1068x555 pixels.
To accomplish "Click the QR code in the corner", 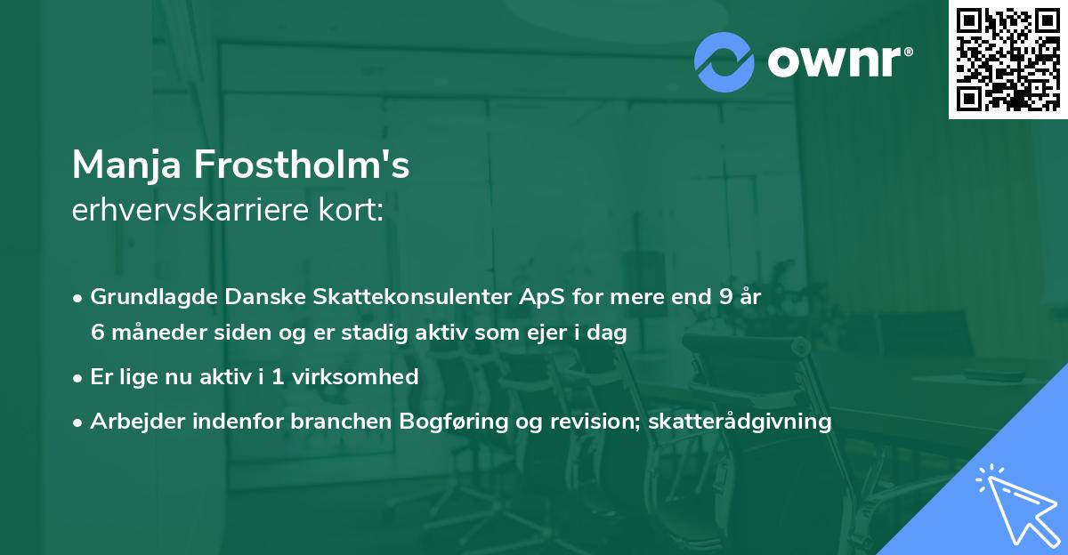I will point(1008,59).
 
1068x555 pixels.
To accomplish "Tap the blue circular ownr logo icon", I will point(724,62).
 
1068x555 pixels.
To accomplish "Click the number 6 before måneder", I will point(97,333).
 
